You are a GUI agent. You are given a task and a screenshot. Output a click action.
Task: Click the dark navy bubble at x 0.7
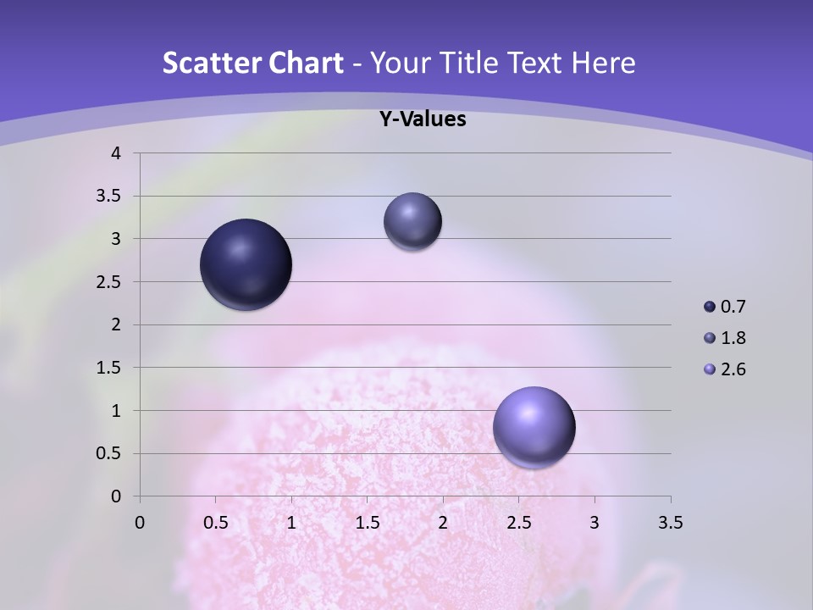[246, 264]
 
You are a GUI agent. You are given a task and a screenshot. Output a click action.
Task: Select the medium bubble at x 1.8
[412, 221]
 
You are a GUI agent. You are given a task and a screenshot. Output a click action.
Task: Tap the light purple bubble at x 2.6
[534, 428]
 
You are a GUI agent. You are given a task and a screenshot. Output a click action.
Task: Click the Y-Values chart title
[422, 119]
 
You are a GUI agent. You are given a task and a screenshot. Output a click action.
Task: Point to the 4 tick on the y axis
[116, 153]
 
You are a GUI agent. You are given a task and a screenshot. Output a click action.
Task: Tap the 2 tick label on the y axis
[116, 324]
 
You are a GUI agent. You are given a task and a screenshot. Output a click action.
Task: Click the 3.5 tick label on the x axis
[670, 523]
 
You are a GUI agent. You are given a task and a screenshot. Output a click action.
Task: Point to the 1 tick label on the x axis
[291, 523]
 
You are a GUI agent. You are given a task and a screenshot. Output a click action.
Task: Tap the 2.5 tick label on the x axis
[518, 523]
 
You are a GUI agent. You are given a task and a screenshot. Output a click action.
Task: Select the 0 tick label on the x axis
[140, 523]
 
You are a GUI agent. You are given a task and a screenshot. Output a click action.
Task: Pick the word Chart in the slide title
[306, 63]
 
